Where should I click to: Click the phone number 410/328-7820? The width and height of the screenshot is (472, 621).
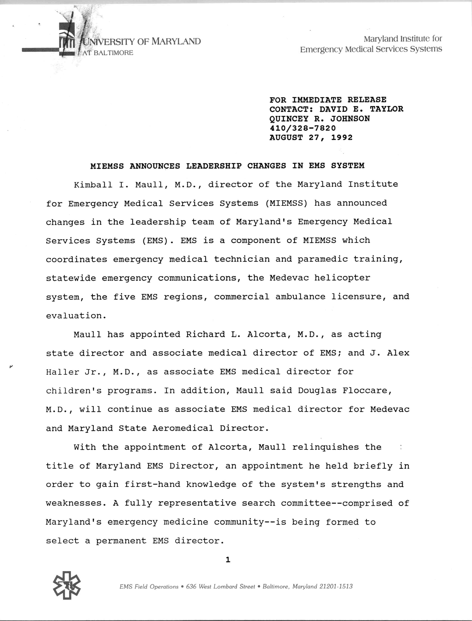click(x=303, y=128)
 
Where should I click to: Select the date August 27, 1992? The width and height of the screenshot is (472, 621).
click(x=311, y=137)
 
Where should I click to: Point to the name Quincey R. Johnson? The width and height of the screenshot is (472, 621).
click(x=320, y=119)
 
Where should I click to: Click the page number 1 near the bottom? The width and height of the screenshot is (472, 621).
click(x=228, y=560)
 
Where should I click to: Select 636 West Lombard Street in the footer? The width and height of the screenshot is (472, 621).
click(x=221, y=586)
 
